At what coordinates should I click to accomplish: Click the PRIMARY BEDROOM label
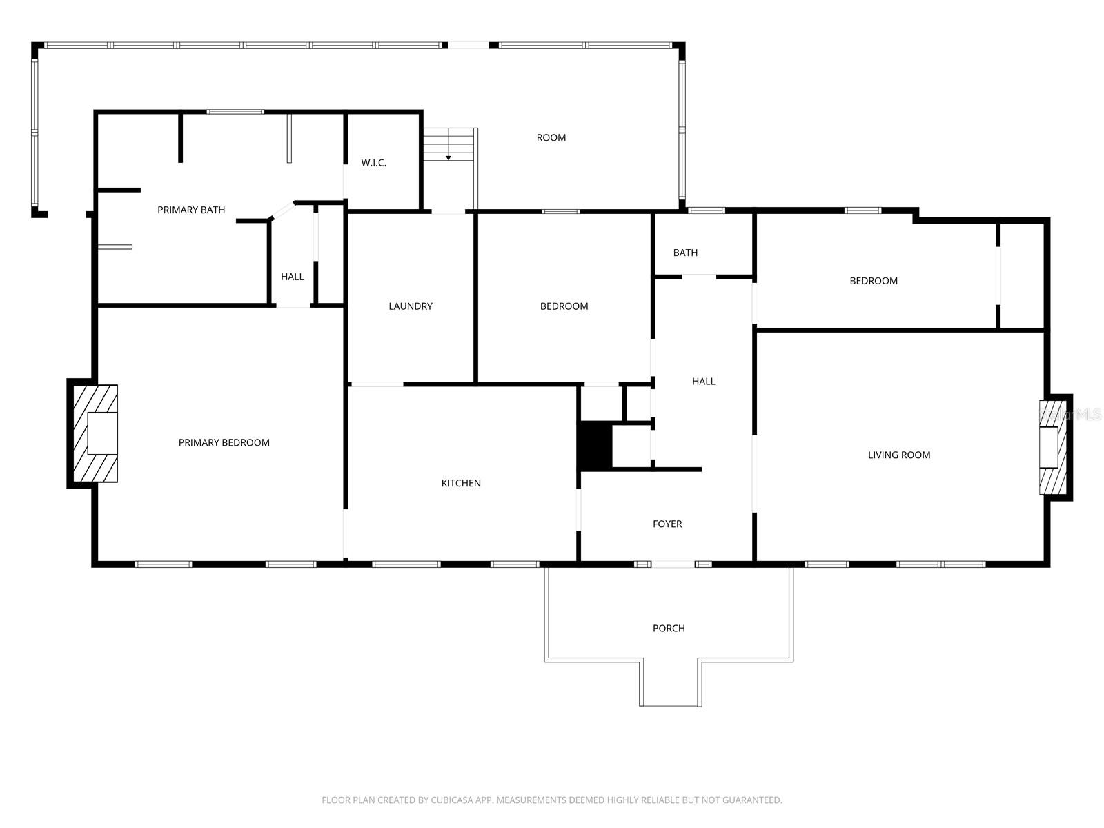pyautogui.click(x=224, y=442)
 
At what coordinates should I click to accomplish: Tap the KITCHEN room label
pyautogui.click(x=461, y=483)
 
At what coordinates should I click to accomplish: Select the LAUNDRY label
pyautogui.click(x=410, y=306)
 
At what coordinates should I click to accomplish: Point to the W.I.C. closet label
pyautogui.click(x=373, y=163)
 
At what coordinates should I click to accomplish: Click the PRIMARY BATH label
pyautogui.click(x=191, y=210)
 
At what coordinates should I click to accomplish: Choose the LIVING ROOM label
pyautogui.click(x=898, y=455)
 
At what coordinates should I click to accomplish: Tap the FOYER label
pyautogui.click(x=667, y=524)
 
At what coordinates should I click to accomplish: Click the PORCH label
pyautogui.click(x=668, y=628)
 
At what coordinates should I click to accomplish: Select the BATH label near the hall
pyautogui.click(x=685, y=253)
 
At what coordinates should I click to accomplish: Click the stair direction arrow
pyautogui.click(x=448, y=157)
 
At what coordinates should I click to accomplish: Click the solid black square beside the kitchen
pyautogui.click(x=595, y=446)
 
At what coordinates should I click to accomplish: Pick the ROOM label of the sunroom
pyautogui.click(x=551, y=137)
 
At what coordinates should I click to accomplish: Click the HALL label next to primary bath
pyautogui.click(x=292, y=277)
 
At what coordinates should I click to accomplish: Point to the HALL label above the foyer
pyautogui.click(x=703, y=381)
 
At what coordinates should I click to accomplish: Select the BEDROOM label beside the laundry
pyautogui.click(x=564, y=306)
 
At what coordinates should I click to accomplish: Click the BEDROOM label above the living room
pyautogui.click(x=873, y=281)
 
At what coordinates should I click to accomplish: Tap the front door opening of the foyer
pyautogui.click(x=673, y=564)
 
